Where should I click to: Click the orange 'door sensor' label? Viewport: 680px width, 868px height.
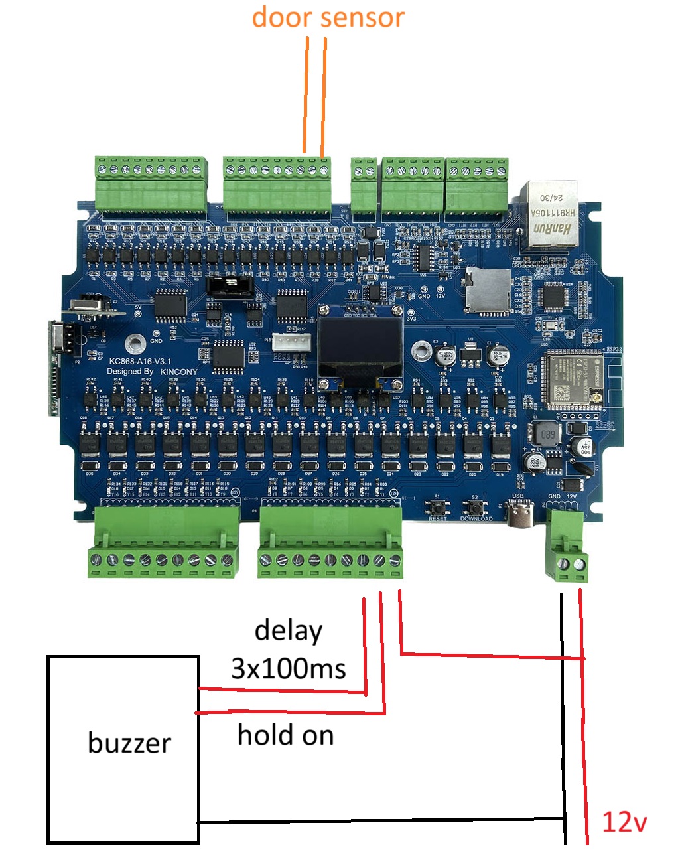tap(328, 17)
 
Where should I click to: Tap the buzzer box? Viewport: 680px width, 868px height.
tap(123, 750)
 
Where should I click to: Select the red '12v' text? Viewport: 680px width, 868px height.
tap(623, 822)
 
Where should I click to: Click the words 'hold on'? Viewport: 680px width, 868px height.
tap(285, 735)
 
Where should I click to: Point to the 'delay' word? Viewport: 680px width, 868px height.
tap(289, 630)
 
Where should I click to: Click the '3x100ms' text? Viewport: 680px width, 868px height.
tap(289, 668)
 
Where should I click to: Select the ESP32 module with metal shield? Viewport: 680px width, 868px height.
tap(567, 382)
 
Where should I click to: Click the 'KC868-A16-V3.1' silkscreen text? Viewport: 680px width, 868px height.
tap(140, 361)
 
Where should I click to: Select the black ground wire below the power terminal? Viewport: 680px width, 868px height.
tap(563, 717)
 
